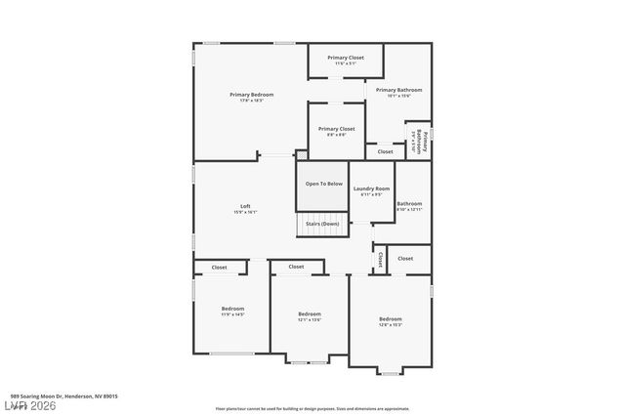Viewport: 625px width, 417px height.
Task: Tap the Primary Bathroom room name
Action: pyautogui.click(x=398, y=90)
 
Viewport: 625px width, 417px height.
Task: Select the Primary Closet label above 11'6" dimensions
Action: pyautogui.click(x=346, y=58)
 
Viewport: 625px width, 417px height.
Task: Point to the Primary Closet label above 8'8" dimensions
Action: pyautogui.click(x=336, y=129)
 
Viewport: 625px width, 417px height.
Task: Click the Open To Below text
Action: pyautogui.click(x=323, y=184)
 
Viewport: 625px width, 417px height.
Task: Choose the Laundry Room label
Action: pyautogui.click(x=371, y=188)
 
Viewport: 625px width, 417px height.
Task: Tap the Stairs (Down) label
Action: pyautogui.click(x=323, y=224)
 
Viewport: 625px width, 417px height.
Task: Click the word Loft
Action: pyautogui.click(x=246, y=206)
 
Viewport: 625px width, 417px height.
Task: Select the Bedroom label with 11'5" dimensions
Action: pyautogui.click(x=232, y=309)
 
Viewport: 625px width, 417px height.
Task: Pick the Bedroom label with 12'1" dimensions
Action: pyautogui.click(x=310, y=313)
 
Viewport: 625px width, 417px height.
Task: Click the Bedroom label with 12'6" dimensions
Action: pyautogui.click(x=390, y=319)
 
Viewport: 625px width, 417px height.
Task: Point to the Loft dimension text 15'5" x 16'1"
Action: pyautogui.click(x=246, y=212)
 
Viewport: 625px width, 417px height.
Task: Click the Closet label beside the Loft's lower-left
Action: pyautogui.click(x=220, y=267)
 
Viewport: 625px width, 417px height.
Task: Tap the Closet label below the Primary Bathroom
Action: pyautogui.click(x=386, y=151)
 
